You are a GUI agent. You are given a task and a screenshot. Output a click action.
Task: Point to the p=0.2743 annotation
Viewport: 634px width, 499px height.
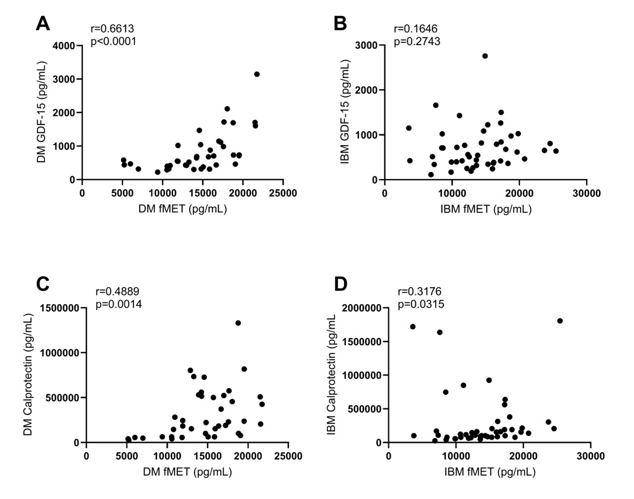[417, 41]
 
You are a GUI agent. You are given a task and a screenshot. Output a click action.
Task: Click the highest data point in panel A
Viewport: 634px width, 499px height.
[257, 74]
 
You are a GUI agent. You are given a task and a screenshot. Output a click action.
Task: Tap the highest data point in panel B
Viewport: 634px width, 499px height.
[485, 56]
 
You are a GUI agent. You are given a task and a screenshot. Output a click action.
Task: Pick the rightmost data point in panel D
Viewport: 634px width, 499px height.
[560, 321]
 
